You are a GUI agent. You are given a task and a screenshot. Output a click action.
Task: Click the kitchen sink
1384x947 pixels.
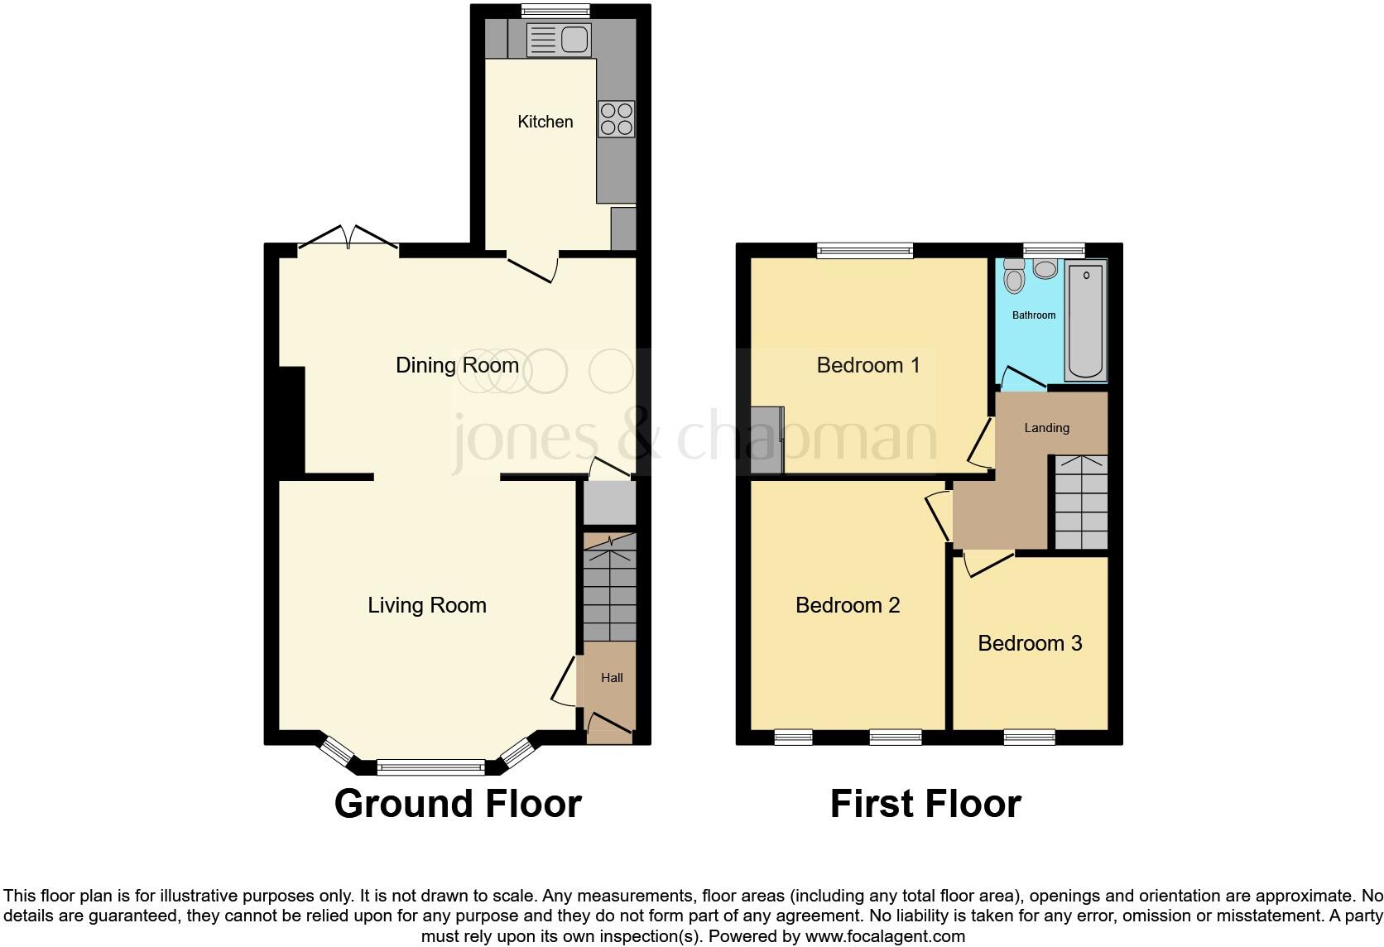point(559,39)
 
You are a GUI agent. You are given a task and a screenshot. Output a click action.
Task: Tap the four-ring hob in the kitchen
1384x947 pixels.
point(617,118)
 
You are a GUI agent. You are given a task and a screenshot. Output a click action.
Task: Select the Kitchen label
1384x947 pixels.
point(545,122)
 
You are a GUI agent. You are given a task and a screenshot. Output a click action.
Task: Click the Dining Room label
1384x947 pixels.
point(457,365)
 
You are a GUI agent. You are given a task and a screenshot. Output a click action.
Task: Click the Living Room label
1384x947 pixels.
point(427,605)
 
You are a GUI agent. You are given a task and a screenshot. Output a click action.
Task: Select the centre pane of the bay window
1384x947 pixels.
point(430,768)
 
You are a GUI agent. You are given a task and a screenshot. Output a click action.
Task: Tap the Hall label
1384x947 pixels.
point(612,678)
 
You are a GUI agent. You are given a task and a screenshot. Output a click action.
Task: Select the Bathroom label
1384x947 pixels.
point(1034,315)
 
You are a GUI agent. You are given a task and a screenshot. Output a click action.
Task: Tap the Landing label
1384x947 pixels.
point(1046,428)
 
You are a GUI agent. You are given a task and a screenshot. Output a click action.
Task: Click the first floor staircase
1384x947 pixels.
point(1080,503)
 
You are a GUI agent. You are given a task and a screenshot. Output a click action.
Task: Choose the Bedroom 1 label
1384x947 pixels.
point(867,365)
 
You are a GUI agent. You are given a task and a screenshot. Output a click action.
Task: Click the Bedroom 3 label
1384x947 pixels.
point(1030,643)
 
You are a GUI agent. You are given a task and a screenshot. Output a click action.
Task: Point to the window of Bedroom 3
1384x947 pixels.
point(1030,737)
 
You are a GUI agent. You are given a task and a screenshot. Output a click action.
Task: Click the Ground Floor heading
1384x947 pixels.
point(458,804)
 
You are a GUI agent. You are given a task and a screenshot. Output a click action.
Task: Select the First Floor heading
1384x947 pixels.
point(925,804)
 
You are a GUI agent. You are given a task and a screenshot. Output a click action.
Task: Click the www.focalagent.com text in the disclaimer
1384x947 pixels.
point(885,937)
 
